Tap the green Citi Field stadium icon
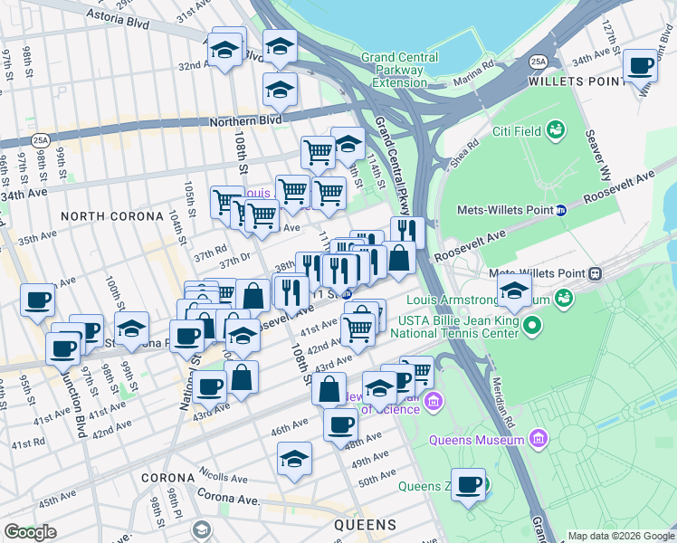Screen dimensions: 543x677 click(556, 131)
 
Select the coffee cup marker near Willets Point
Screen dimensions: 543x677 click(641, 66)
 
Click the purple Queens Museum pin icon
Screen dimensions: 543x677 click(539, 440)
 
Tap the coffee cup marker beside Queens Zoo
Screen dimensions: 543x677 click(468, 484)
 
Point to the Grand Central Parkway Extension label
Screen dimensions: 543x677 click(394, 70)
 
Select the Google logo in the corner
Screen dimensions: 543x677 click(30, 532)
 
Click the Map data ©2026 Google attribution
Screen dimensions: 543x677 click(620, 536)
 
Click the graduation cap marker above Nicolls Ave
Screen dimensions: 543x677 click(294, 459)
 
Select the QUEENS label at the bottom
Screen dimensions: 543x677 click(365, 525)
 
